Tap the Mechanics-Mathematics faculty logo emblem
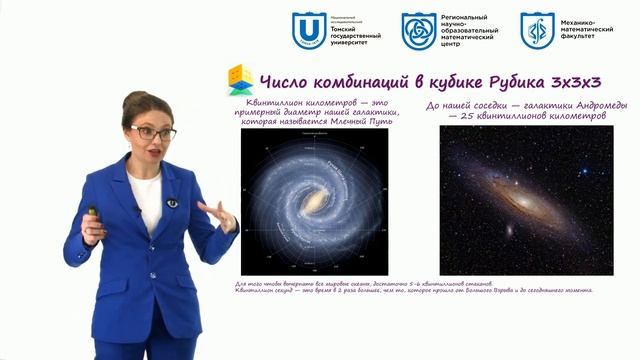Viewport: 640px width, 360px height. [x=538, y=31]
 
